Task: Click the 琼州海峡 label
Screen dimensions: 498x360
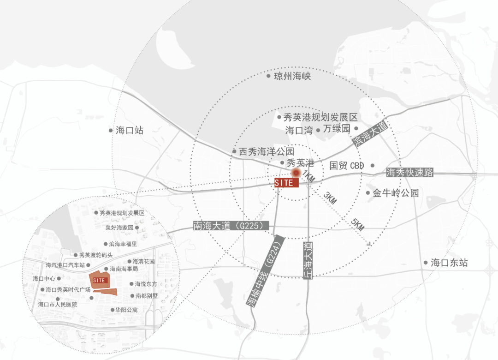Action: click(x=292, y=76)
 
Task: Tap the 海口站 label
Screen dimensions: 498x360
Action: click(x=130, y=130)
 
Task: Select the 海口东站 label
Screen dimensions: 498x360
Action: click(x=449, y=263)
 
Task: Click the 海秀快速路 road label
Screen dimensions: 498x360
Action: click(x=410, y=173)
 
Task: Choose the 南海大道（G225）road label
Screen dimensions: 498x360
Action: click(x=231, y=226)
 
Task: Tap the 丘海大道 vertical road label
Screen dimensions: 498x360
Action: click(x=308, y=259)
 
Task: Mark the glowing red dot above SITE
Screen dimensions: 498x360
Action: click(x=296, y=173)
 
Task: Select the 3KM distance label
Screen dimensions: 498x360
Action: click(x=330, y=198)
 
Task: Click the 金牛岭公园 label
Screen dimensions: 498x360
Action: click(x=396, y=193)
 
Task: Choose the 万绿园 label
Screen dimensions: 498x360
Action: click(x=337, y=129)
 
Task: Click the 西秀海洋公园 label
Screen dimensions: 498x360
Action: click(x=266, y=151)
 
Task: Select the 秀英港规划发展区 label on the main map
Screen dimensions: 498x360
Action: click(x=320, y=117)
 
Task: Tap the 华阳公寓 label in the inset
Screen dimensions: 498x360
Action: click(x=127, y=310)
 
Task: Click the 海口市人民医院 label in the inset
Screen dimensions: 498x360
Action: click(x=58, y=305)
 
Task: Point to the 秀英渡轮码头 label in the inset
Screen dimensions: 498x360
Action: click(x=95, y=255)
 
